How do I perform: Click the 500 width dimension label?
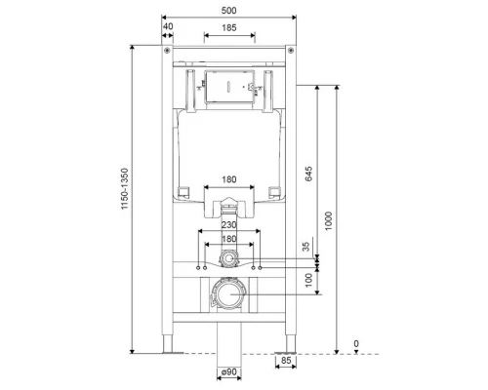click(228, 11)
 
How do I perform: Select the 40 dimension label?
click(168, 26)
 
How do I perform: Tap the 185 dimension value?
click(229, 28)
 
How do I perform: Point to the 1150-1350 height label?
click(125, 188)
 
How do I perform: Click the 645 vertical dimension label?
click(308, 174)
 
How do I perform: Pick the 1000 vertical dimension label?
click(329, 221)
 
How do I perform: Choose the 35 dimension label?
click(306, 247)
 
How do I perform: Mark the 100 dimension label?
click(308, 280)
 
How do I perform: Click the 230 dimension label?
click(229, 225)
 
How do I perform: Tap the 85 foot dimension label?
click(286, 361)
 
